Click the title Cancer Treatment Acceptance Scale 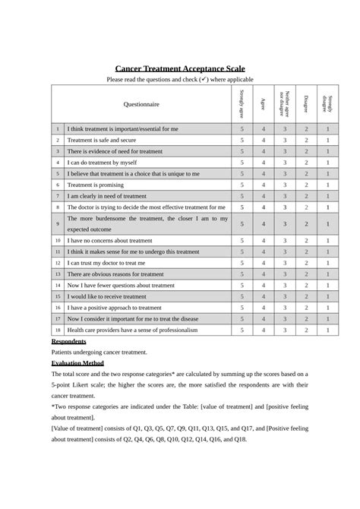click(180, 68)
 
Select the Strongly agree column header click(242, 103)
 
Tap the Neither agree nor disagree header click(285, 103)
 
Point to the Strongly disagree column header click(327, 103)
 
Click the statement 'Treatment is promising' click(96, 185)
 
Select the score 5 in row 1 click(242, 129)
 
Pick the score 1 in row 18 click(327, 330)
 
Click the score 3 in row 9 click(285, 223)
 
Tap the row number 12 click(57, 262)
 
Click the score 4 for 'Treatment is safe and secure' click(264, 140)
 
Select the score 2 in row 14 click(306, 285)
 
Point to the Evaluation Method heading click(82, 363)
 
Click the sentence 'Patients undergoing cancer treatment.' click(99, 353)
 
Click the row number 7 click(57, 195)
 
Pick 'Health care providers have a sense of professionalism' click(132, 330)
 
